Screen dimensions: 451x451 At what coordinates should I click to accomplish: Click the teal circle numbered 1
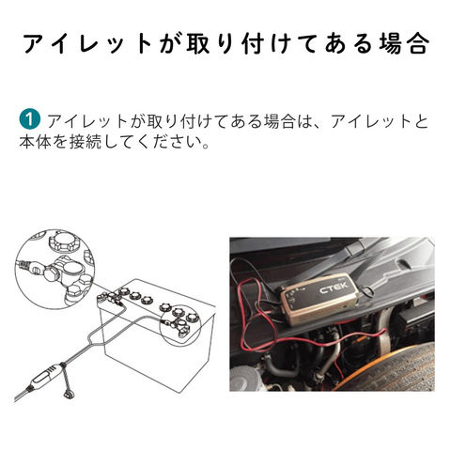pyautogui.click(x=29, y=119)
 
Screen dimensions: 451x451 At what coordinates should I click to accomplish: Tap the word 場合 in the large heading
pyautogui.click(x=403, y=43)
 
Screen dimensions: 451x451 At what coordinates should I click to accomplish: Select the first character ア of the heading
pyautogui.click(x=36, y=43)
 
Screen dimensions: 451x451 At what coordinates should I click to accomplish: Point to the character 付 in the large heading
pyautogui.click(x=253, y=43)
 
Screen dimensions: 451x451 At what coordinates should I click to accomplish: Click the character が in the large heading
pyautogui.click(x=170, y=43)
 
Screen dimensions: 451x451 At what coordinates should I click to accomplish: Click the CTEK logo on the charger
pyautogui.click(x=334, y=288)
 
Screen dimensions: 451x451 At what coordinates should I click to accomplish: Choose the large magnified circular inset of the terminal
pyautogui.click(x=54, y=270)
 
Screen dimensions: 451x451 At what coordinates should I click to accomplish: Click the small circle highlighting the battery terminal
pyautogui.click(x=179, y=326)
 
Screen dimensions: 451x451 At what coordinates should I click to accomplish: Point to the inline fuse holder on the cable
pyautogui.click(x=46, y=377)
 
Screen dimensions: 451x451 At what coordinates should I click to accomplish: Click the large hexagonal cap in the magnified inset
pyautogui.click(x=64, y=243)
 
